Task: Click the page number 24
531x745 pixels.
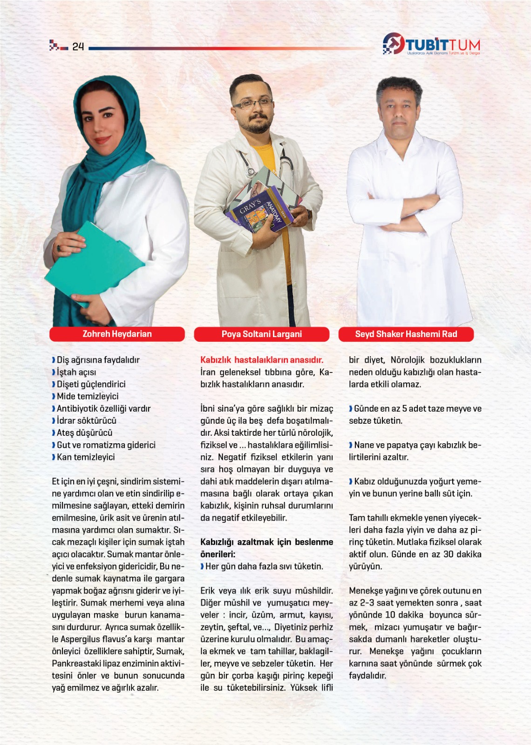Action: [x=78, y=46]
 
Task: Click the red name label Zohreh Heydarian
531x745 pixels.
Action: [x=117, y=334]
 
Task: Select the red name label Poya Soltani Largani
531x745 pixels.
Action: [x=261, y=334]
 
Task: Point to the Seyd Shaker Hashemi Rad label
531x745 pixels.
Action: [x=406, y=334]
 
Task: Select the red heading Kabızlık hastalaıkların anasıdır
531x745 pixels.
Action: [x=261, y=360]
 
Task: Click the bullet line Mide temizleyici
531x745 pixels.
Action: [x=88, y=396]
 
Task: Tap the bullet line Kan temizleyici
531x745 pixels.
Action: [x=86, y=457]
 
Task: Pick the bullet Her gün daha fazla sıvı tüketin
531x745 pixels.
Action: [x=264, y=566]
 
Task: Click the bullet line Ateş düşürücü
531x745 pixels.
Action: [x=84, y=433]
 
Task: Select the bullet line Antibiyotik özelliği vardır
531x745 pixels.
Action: [x=103, y=408]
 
